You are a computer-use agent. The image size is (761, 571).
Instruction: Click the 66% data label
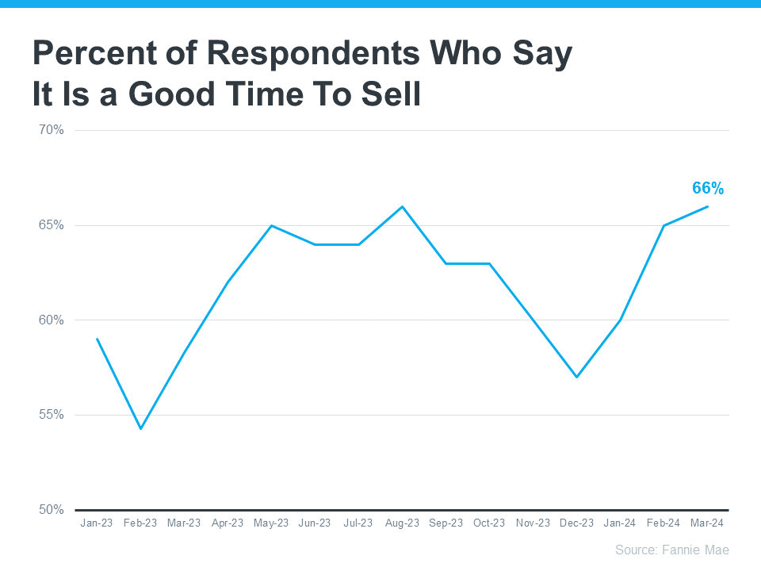tap(707, 188)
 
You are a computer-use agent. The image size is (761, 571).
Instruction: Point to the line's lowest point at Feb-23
tap(141, 429)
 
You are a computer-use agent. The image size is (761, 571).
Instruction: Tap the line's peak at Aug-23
tap(403, 206)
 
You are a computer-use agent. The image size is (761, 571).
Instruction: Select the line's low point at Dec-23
tap(576, 377)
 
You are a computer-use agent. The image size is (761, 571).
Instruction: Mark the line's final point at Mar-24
tap(707, 206)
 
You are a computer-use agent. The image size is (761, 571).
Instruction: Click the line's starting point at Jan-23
tap(98, 339)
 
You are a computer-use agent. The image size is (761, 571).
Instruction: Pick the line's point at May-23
tap(272, 225)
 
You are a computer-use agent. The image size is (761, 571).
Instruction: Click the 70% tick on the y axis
tap(52, 130)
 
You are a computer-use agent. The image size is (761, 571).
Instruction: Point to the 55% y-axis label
tap(52, 415)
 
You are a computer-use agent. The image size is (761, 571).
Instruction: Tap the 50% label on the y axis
tap(52, 510)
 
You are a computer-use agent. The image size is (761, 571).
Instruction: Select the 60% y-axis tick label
tap(52, 320)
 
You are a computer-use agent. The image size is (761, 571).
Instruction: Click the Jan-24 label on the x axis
tap(619, 523)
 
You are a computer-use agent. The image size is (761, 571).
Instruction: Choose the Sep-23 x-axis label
tap(446, 523)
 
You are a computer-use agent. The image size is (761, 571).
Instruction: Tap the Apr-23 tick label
tap(228, 523)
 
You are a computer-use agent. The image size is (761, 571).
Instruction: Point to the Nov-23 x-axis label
tap(533, 523)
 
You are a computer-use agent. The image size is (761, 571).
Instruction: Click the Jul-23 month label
tap(358, 523)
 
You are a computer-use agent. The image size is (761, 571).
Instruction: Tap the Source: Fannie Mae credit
tap(671, 550)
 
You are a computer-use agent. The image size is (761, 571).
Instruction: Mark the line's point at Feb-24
tap(663, 225)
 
